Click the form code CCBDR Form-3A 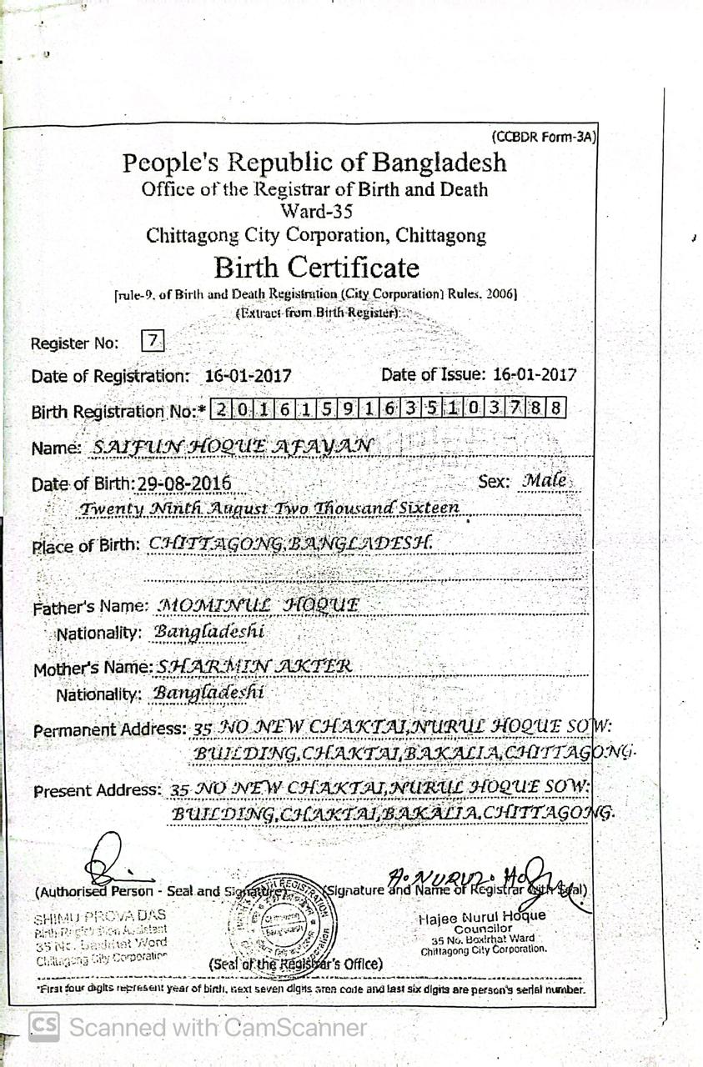point(545,138)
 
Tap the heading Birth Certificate point(316,268)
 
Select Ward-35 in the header point(316,212)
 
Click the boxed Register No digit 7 point(153,340)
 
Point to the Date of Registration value point(248,376)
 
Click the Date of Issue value point(534,375)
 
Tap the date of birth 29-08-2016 point(185,484)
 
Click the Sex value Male point(545,481)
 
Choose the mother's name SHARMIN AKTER point(254,666)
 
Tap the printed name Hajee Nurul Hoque point(483,916)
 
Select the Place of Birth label point(85,547)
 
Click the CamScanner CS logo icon point(44,1026)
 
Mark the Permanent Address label point(109,729)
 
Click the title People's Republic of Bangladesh point(314,162)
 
